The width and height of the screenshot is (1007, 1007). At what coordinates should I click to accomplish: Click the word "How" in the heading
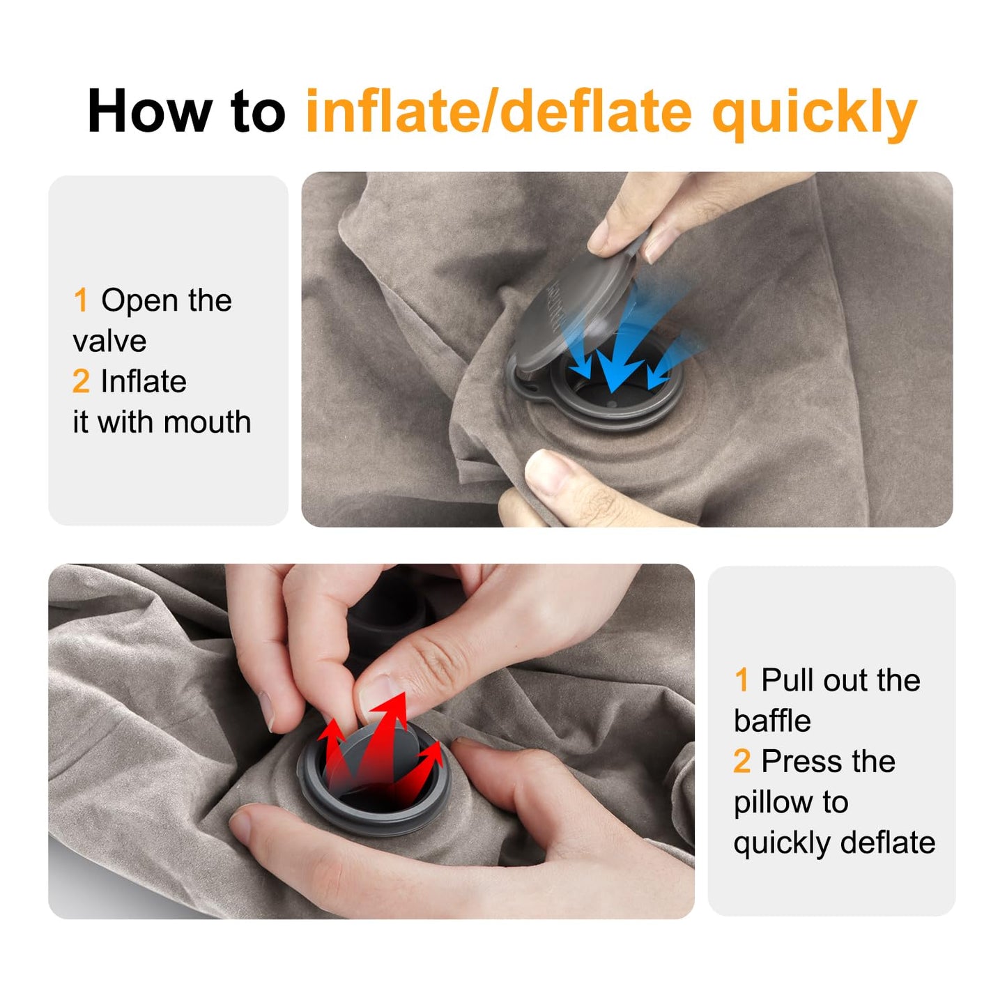(x=149, y=112)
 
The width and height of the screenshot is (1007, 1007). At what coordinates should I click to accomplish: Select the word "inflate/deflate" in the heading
(x=499, y=112)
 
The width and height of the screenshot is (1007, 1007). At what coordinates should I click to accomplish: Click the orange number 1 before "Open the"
(x=81, y=301)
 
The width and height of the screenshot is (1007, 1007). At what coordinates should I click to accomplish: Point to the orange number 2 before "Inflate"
(x=81, y=382)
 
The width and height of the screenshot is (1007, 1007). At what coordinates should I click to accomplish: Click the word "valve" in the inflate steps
(x=109, y=341)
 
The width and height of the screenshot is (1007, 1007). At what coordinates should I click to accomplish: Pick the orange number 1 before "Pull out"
(x=741, y=680)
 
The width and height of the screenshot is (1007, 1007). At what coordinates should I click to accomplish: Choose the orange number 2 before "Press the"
(x=742, y=762)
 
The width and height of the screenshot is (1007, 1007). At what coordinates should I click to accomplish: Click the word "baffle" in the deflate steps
(x=772, y=721)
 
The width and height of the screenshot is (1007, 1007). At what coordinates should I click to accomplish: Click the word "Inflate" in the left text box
(x=144, y=382)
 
